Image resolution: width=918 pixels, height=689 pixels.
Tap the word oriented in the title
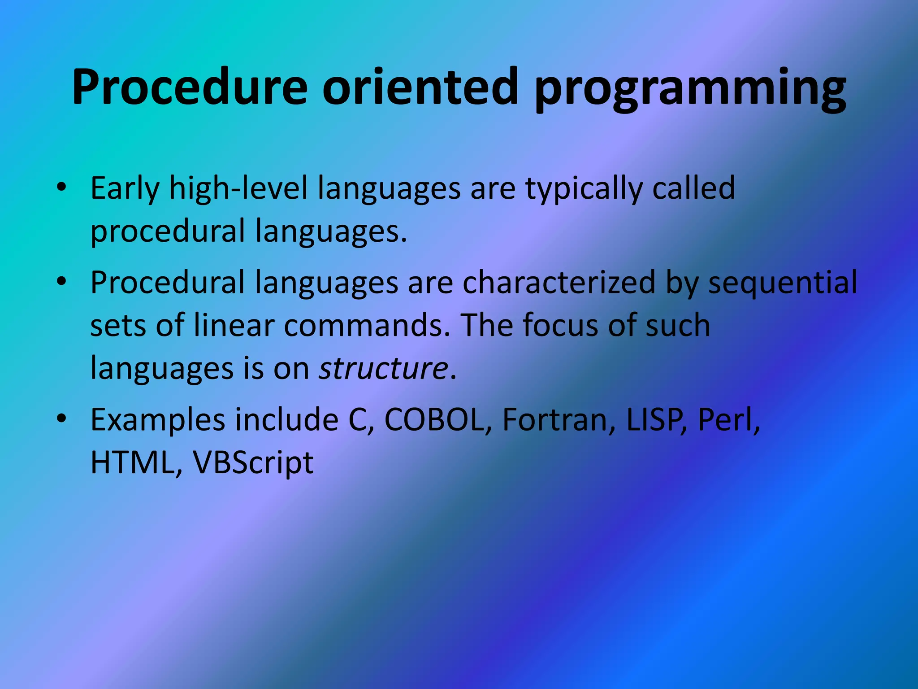pyautogui.click(x=420, y=87)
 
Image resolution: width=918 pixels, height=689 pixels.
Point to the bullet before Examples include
pyautogui.click(x=62, y=419)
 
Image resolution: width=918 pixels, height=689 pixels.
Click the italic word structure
pyautogui.click(x=383, y=369)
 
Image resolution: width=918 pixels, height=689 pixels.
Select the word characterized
pyautogui.click(x=559, y=283)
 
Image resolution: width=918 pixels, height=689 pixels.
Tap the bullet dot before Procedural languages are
pyautogui.click(x=62, y=281)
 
